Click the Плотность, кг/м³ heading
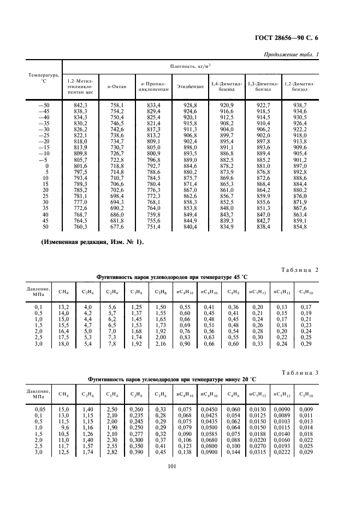point(191,65)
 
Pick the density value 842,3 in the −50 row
point(80,104)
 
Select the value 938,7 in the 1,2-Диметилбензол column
point(300,104)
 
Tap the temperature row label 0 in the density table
point(47,165)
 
